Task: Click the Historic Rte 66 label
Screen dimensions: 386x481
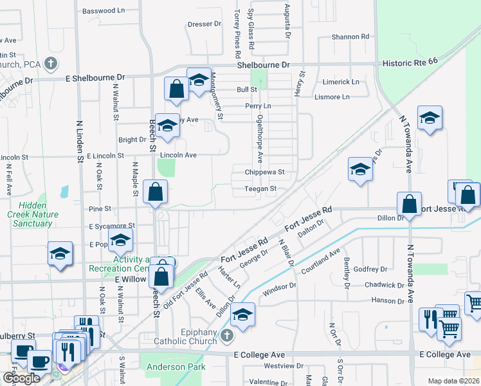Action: point(419,64)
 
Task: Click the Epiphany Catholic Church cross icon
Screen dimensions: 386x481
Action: point(226,336)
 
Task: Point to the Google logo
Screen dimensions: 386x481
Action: point(21,378)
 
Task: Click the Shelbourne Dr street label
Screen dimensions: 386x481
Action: point(264,66)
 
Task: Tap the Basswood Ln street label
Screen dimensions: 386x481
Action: point(104,11)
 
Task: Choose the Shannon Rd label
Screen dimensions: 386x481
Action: point(350,37)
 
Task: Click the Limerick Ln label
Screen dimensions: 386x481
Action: point(341,82)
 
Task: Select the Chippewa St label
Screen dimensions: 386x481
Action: point(264,172)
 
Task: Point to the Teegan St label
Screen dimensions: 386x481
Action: point(260,189)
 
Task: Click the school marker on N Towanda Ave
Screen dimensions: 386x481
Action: point(430,119)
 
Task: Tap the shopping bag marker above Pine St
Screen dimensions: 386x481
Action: point(156,192)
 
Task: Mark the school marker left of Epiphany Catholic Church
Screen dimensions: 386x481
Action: point(242,316)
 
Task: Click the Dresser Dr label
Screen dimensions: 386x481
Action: point(204,24)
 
